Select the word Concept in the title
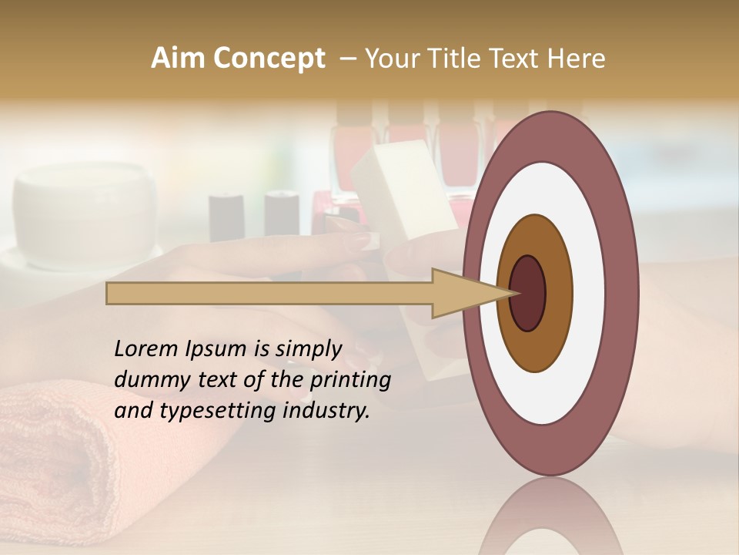pos(269,59)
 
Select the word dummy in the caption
pos(147,379)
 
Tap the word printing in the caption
pos(350,379)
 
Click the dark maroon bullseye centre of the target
pos(528,293)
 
